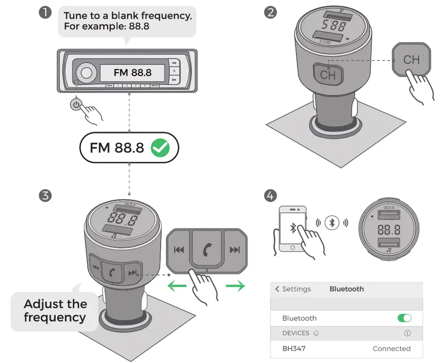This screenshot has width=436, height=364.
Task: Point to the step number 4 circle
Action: [x=271, y=195]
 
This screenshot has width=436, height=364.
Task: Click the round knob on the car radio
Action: [x=86, y=73]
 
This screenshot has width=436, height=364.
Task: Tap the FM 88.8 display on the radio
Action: [x=132, y=73]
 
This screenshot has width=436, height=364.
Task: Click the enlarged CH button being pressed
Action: [x=411, y=60]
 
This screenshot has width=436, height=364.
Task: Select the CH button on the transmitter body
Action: [x=328, y=74]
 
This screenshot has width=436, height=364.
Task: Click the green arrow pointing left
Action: [x=176, y=287]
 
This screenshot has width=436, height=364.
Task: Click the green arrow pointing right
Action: [x=235, y=287]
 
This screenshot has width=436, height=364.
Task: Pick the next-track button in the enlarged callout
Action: [x=235, y=250]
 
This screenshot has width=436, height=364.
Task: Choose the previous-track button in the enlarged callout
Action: [x=179, y=250]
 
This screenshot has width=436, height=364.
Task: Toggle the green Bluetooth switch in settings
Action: [x=404, y=318]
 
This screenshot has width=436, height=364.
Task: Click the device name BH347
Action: [x=294, y=349]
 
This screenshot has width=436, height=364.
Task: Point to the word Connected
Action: [x=391, y=349]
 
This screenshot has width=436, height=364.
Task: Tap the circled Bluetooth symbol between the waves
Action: [x=332, y=223]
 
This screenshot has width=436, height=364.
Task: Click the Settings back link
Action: [x=293, y=289]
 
